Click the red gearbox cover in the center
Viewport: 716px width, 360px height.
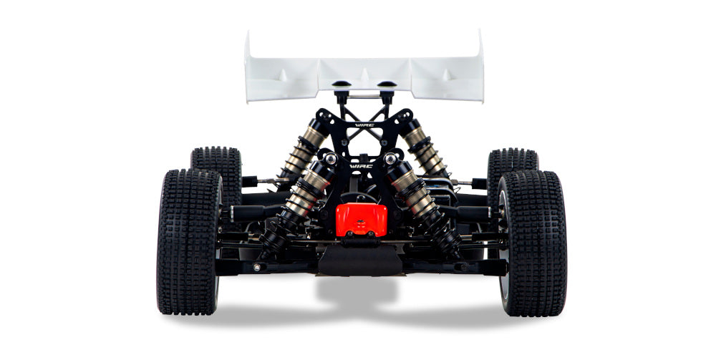(x=362, y=219)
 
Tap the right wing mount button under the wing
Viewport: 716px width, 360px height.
(x=387, y=85)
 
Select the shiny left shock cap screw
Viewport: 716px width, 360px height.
(x=330, y=158)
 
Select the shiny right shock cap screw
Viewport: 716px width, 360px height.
(x=390, y=158)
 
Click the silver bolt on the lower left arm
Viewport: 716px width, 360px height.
(x=257, y=267)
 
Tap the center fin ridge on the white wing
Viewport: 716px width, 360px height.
(x=364, y=74)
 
